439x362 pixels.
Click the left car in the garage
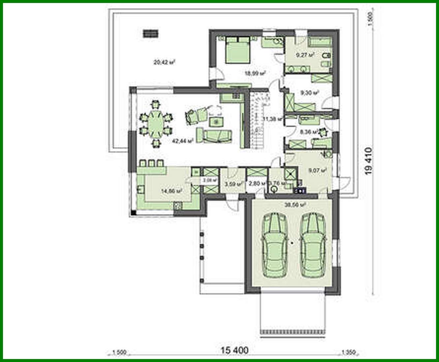point(274,246)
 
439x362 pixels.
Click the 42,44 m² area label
point(182,141)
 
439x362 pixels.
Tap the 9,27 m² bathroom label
point(305,55)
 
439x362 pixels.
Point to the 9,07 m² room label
point(317,170)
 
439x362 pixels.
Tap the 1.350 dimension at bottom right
point(348,352)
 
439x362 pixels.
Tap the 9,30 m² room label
point(310,93)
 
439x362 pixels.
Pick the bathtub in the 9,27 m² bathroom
point(320,42)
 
